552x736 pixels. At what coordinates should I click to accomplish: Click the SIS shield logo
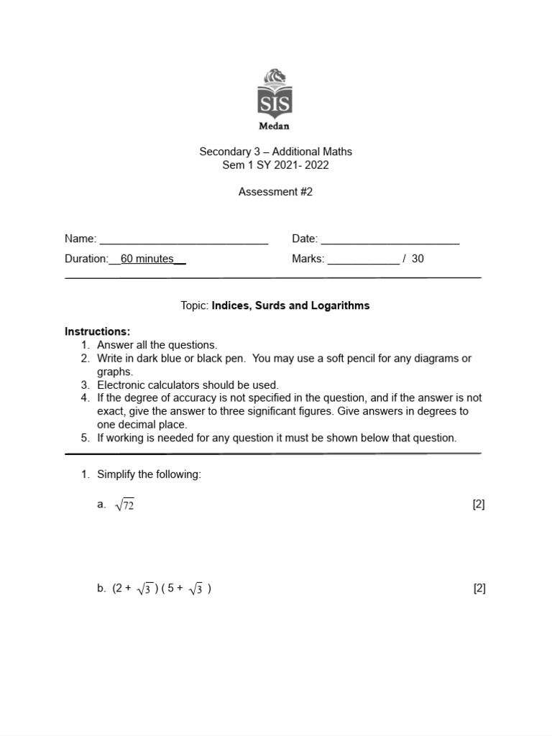275,94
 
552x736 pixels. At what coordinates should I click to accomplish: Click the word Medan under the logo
275,126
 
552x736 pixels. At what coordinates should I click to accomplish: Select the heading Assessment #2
275,192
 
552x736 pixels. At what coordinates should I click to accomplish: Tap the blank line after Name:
183,240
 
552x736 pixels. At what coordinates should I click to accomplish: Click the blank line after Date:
390,240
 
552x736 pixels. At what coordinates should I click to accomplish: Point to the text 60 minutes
147,259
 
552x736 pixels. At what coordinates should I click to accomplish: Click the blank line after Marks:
363,260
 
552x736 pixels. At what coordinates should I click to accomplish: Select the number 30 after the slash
418,259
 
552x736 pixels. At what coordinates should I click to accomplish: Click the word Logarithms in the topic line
340,305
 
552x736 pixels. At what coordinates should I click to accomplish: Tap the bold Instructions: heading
98,331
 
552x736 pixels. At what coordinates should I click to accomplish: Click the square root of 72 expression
124,505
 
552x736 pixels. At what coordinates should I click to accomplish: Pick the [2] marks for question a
479,505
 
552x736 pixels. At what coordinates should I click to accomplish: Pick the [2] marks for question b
479,589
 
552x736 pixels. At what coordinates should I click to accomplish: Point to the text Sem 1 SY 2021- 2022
275,165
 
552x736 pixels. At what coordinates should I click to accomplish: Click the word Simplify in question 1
118,474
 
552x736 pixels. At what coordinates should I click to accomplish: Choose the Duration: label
86,259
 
